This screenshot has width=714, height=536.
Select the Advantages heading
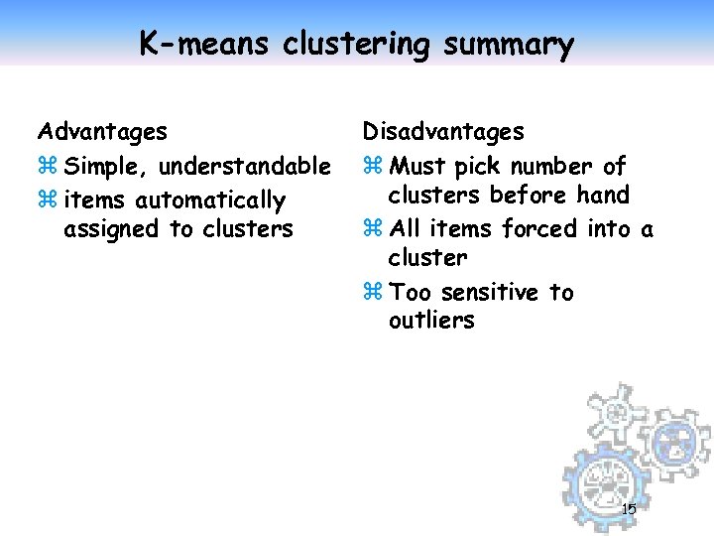coord(102,131)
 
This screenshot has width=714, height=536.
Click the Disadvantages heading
coord(443,131)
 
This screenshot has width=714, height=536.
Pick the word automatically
coord(210,201)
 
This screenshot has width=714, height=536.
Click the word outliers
coord(431,321)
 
